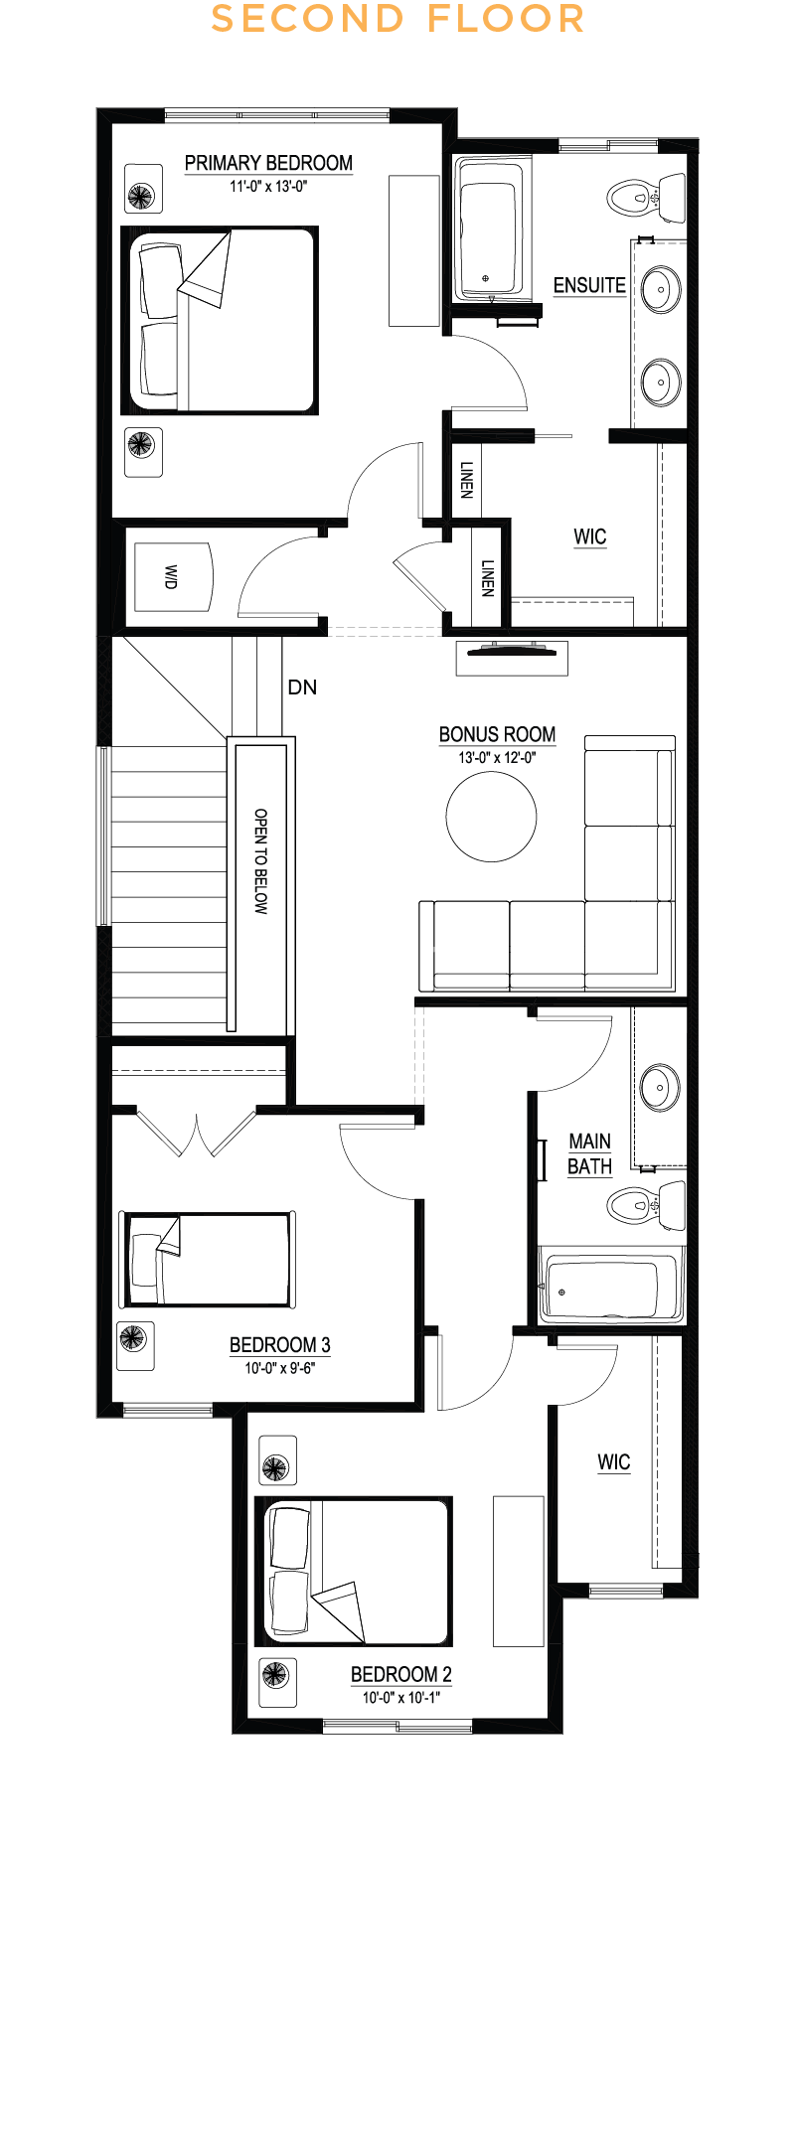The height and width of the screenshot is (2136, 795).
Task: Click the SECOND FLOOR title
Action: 397,19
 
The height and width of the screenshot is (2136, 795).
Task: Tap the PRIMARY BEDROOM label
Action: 268,163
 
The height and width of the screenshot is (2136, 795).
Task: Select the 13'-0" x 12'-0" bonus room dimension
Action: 497,757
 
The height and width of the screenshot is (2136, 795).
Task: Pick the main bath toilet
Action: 646,1205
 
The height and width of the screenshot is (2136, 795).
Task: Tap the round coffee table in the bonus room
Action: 491,817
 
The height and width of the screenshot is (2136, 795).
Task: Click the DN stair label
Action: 302,687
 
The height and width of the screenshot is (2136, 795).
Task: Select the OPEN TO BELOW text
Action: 260,860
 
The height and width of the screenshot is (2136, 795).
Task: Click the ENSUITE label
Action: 589,285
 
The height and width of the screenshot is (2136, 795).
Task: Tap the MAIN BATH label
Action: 589,1153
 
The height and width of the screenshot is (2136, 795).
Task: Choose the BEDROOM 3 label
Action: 279,1345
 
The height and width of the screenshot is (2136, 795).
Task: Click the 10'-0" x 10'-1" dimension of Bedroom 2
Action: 400,1697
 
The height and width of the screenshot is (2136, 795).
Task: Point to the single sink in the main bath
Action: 660,1086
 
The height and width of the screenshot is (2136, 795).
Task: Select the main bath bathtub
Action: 611,1287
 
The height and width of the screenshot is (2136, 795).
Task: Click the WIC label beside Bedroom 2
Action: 614,1462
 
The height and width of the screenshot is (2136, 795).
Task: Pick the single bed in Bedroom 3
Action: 208,1259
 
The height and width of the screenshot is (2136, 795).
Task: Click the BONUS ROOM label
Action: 497,734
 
